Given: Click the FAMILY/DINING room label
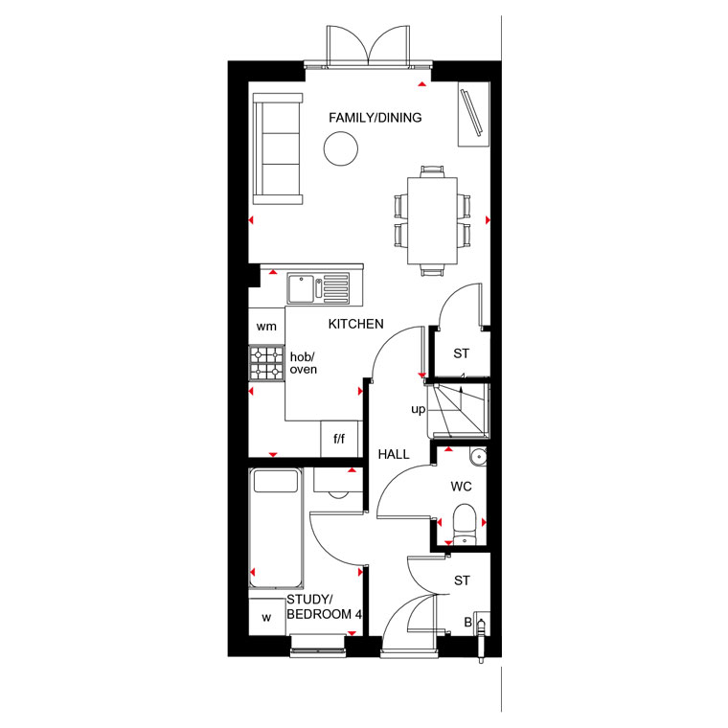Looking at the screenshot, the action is click(x=375, y=118).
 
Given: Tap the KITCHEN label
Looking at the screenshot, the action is click(x=355, y=324).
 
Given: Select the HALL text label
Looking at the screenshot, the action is click(x=394, y=454).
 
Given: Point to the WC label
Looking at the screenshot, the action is click(x=461, y=487).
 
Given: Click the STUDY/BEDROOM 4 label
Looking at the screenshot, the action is click(x=324, y=606).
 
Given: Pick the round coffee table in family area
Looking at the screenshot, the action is click(x=341, y=148).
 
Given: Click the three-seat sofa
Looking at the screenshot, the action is click(x=278, y=148).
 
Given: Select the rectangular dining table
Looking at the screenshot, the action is click(x=432, y=221).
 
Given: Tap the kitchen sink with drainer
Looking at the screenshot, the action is click(x=318, y=288).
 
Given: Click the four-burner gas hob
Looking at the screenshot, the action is click(x=266, y=363).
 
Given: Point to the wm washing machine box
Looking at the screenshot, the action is click(x=266, y=327).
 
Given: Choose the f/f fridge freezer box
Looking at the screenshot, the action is click(x=339, y=439).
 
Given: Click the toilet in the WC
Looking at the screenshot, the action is click(x=465, y=525).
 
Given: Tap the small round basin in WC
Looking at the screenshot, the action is click(x=477, y=457).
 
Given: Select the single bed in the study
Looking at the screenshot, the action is click(x=276, y=529).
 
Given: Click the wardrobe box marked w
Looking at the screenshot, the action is click(x=267, y=617).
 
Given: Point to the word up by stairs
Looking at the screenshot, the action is click(x=418, y=410).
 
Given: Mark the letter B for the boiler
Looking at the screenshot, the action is click(x=468, y=622).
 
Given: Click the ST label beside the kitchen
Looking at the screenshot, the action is click(x=461, y=353).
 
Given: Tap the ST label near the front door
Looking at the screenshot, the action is click(x=462, y=580).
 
